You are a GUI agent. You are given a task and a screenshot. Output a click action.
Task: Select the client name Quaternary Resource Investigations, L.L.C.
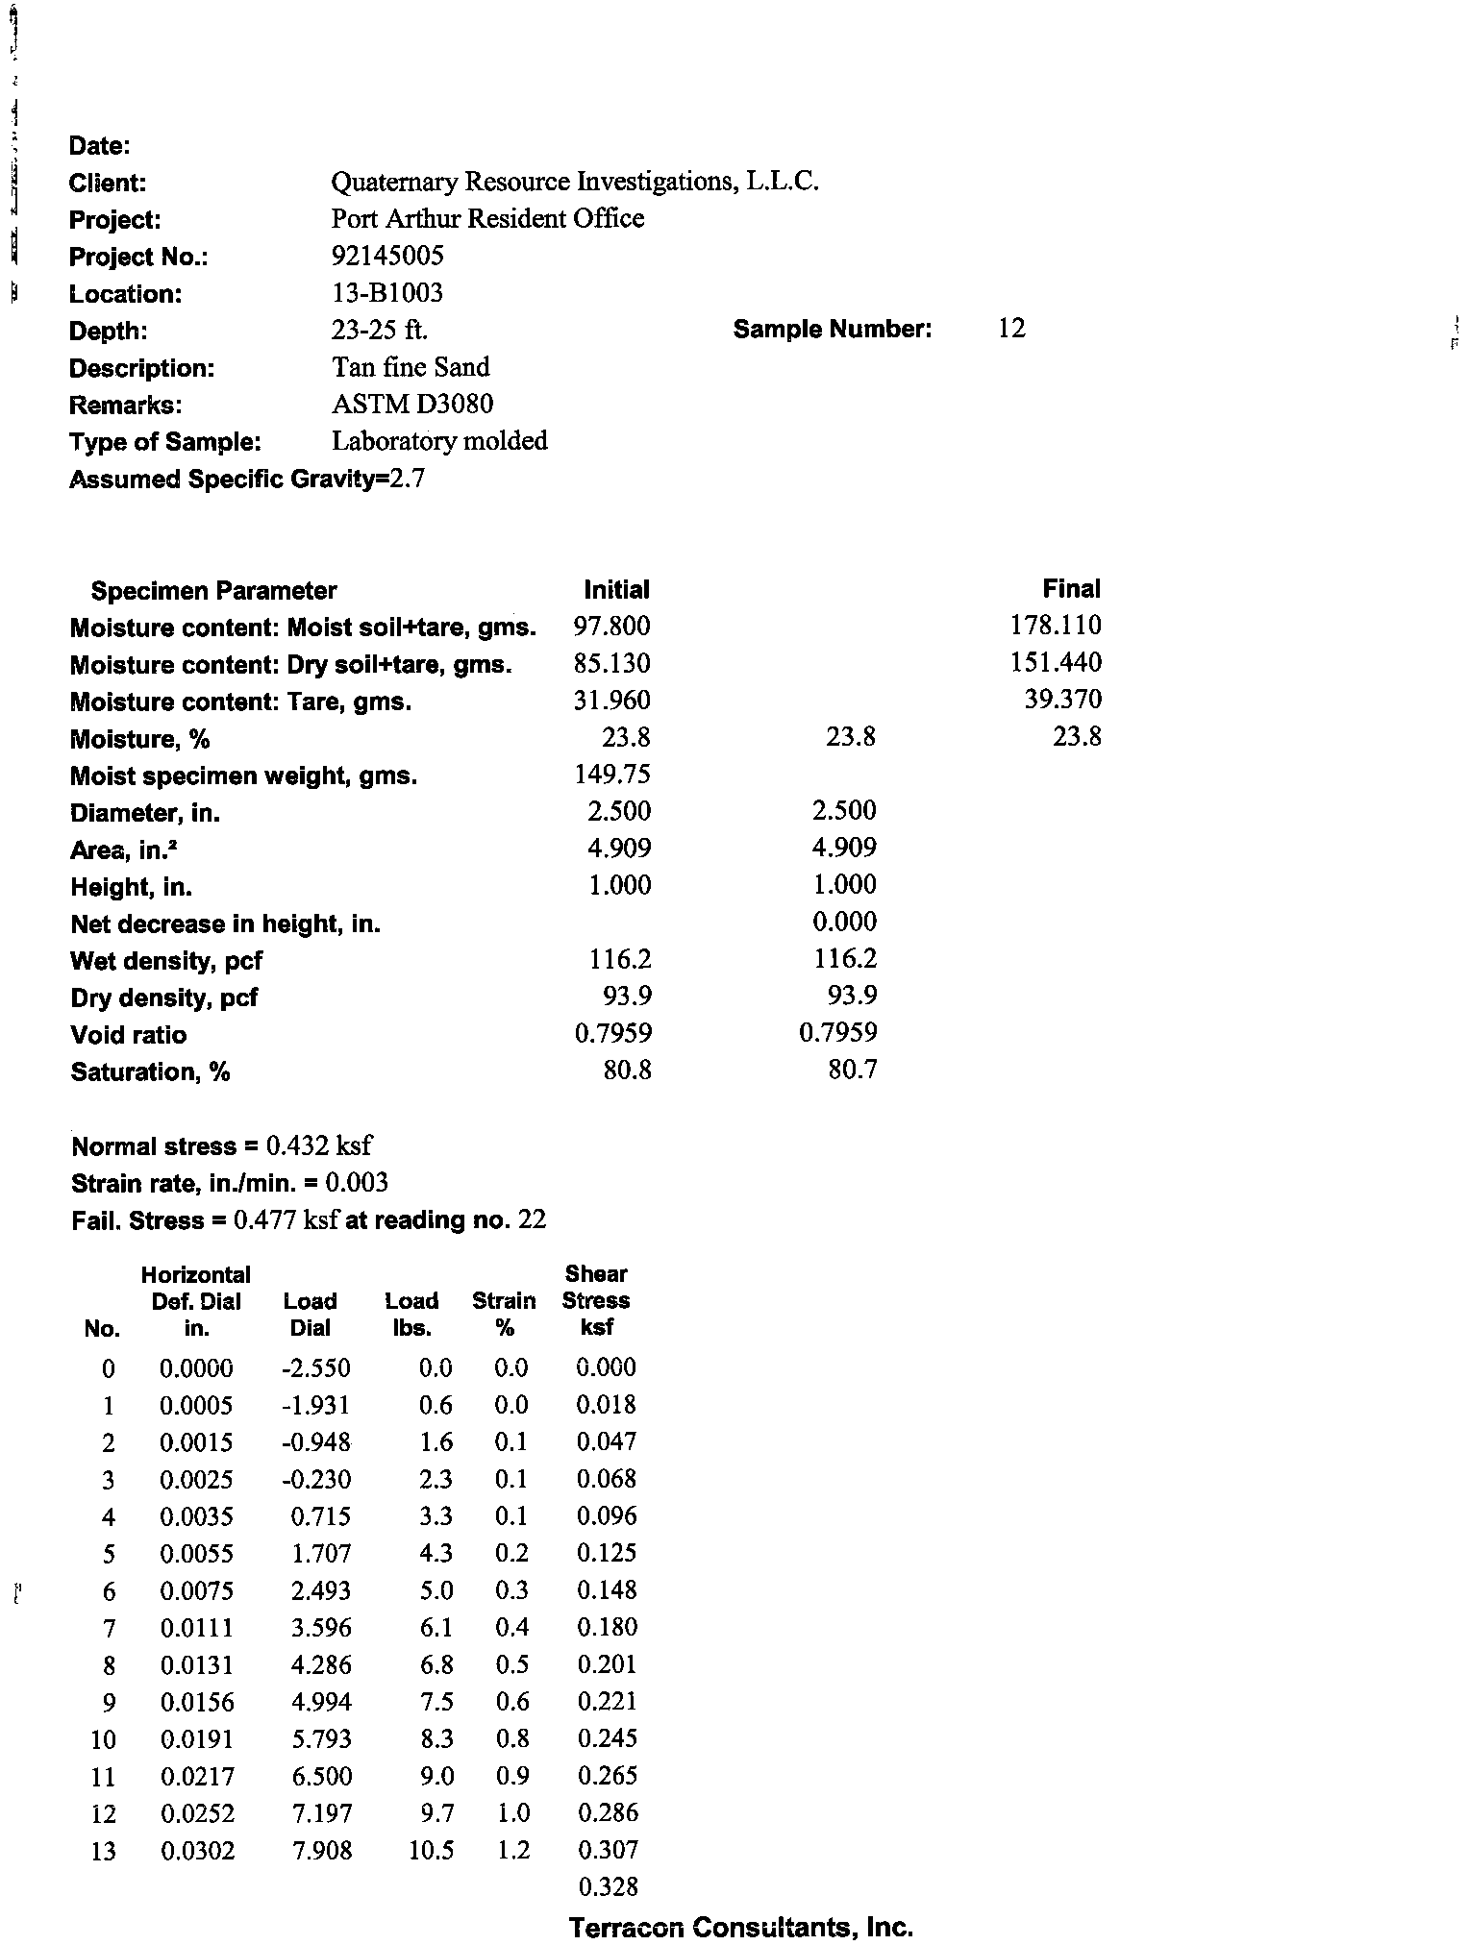574,182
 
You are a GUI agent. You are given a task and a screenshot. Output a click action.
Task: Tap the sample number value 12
1011,329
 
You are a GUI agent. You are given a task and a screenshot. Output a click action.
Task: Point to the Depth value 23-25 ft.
380,330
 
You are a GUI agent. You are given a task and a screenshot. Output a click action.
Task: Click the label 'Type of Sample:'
164,442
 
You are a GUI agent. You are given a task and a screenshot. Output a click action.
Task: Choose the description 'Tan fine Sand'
411,367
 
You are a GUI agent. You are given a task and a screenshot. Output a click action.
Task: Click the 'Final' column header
1071,588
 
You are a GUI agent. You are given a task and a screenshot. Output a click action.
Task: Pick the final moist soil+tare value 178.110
1056,626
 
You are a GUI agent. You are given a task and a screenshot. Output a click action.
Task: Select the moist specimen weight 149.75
612,775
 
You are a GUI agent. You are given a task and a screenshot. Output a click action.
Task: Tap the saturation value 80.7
852,1070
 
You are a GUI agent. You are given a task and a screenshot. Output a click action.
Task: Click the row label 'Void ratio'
128,1035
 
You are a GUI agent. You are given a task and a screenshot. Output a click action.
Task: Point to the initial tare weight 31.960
611,701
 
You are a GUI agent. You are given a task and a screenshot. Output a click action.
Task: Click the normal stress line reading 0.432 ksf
222,1146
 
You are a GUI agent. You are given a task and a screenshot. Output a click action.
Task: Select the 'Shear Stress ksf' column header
595,1300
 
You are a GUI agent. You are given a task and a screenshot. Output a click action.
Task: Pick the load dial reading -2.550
316,1367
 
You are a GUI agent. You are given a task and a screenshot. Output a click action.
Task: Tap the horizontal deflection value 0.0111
196,1628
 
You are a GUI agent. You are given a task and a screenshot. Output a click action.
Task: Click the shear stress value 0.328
608,1886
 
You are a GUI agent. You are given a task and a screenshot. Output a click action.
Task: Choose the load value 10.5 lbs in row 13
431,1850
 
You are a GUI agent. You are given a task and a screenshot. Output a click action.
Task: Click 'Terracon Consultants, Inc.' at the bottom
740,1926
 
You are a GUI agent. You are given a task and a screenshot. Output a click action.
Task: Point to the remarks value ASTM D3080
412,404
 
